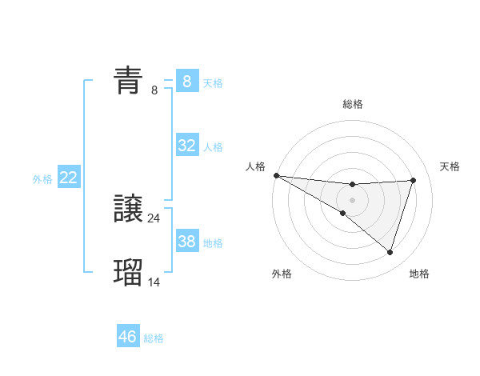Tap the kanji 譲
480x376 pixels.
(129, 209)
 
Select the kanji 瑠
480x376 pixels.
(129, 273)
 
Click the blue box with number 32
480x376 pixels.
(187, 146)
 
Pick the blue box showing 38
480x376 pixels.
(187, 241)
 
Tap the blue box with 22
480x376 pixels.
(68, 178)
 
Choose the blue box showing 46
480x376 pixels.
(128, 337)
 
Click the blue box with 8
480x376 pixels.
(187, 81)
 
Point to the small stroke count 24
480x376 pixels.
(154, 218)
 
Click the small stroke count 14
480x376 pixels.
(154, 282)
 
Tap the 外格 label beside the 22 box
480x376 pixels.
(42, 179)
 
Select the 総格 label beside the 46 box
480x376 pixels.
(154, 338)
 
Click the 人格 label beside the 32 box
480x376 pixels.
(213, 147)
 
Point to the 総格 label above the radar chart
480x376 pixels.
(353, 104)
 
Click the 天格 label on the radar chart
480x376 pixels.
(450, 166)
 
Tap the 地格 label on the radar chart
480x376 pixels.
(419, 274)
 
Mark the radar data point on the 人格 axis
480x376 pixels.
(276, 175)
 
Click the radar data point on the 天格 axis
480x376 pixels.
(413, 180)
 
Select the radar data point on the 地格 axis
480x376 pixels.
(390, 252)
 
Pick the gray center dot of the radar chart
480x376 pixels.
(352, 200)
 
